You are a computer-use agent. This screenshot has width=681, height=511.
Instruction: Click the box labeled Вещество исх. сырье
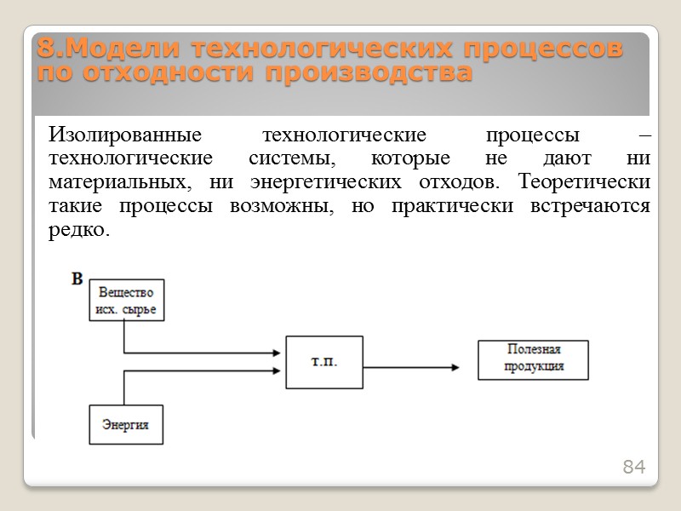tap(127, 300)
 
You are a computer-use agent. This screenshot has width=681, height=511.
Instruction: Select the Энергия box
tap(125, 424)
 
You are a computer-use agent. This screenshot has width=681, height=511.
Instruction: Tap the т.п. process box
tap(323, 363)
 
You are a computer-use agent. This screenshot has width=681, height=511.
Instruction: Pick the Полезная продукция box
tap(533, 359)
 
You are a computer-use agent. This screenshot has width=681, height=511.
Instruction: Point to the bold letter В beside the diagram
tap(77, 278)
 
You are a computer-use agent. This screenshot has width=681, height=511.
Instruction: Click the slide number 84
tap(634, 467)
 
